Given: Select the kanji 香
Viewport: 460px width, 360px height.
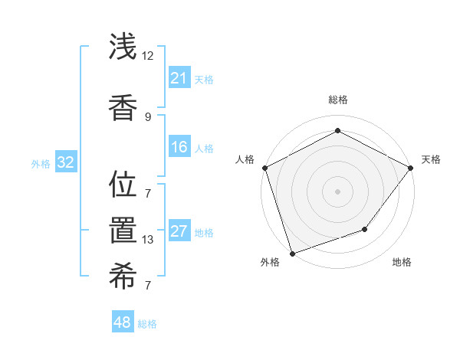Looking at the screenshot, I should tap(122, 106).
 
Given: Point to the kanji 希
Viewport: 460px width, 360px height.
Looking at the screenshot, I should tap(122, 279).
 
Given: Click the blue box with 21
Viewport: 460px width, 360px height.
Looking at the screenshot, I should tap(179, 78).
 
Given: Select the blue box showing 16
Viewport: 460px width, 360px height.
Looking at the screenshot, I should tap(179, 147).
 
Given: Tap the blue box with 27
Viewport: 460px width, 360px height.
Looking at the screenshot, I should tap(179, 231).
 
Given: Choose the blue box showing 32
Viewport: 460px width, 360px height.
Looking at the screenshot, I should tap(65, 162).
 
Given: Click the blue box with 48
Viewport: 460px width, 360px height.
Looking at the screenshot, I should tap(122, 322).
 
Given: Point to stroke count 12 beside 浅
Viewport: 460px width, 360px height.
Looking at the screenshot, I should tap(147, 56).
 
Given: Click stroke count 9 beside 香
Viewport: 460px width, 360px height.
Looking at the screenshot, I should tap(147, 116).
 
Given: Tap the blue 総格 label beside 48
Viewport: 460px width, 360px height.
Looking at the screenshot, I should tap(147, 324).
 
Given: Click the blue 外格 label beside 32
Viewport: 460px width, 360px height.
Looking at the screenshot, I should tap(40, 163).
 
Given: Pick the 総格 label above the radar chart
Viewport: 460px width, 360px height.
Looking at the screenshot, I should tap(337, 100).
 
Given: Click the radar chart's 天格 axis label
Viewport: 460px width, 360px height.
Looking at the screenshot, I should tap(431, 159).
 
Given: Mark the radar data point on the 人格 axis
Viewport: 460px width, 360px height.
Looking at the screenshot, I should tap(264, 168).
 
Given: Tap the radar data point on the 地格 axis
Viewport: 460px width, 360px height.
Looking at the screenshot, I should tap(366, 229).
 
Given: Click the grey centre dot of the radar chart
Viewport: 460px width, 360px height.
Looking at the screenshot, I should tap(337, 191).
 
